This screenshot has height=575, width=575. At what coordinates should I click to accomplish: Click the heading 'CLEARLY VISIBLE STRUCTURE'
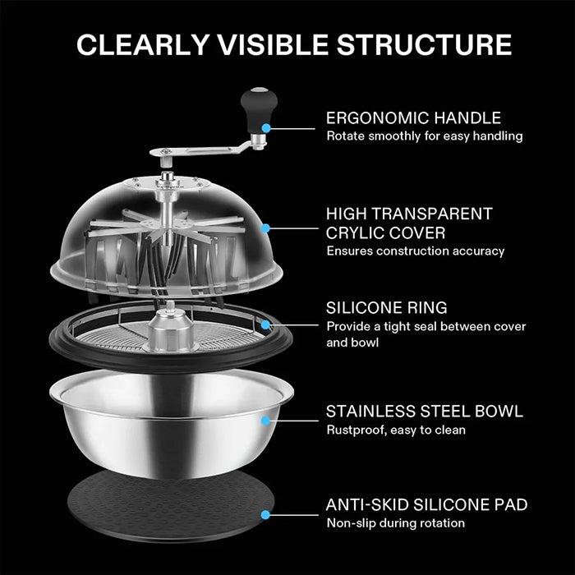click(x=287, y=44)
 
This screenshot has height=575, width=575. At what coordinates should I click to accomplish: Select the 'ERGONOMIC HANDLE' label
click(x=412, y=117)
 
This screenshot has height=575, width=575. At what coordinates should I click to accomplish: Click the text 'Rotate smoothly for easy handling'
click(x=424, y=136)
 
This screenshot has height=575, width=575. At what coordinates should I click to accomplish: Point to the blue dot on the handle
click(x=266, y=128)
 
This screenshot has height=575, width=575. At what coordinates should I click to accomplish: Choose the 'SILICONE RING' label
click(x=386, y=308)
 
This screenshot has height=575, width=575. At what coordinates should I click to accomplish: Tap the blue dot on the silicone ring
click(x=265, y=325)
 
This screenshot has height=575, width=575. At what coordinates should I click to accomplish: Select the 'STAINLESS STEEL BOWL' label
click(x=424, y=411)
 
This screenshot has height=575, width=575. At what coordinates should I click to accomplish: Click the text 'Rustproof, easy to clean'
click(x=395, y=430)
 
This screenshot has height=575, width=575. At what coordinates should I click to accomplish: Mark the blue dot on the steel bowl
click(x=265, y=421)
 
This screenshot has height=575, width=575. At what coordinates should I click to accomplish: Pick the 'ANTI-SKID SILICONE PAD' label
click(x=426, y=504)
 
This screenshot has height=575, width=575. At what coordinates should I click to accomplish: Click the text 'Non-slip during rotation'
click(x=395, y=523)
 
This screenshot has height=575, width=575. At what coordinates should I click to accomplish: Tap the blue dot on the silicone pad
click(x=265, y=515)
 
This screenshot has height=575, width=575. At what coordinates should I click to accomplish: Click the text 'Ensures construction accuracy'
click(x=415, y=251)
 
